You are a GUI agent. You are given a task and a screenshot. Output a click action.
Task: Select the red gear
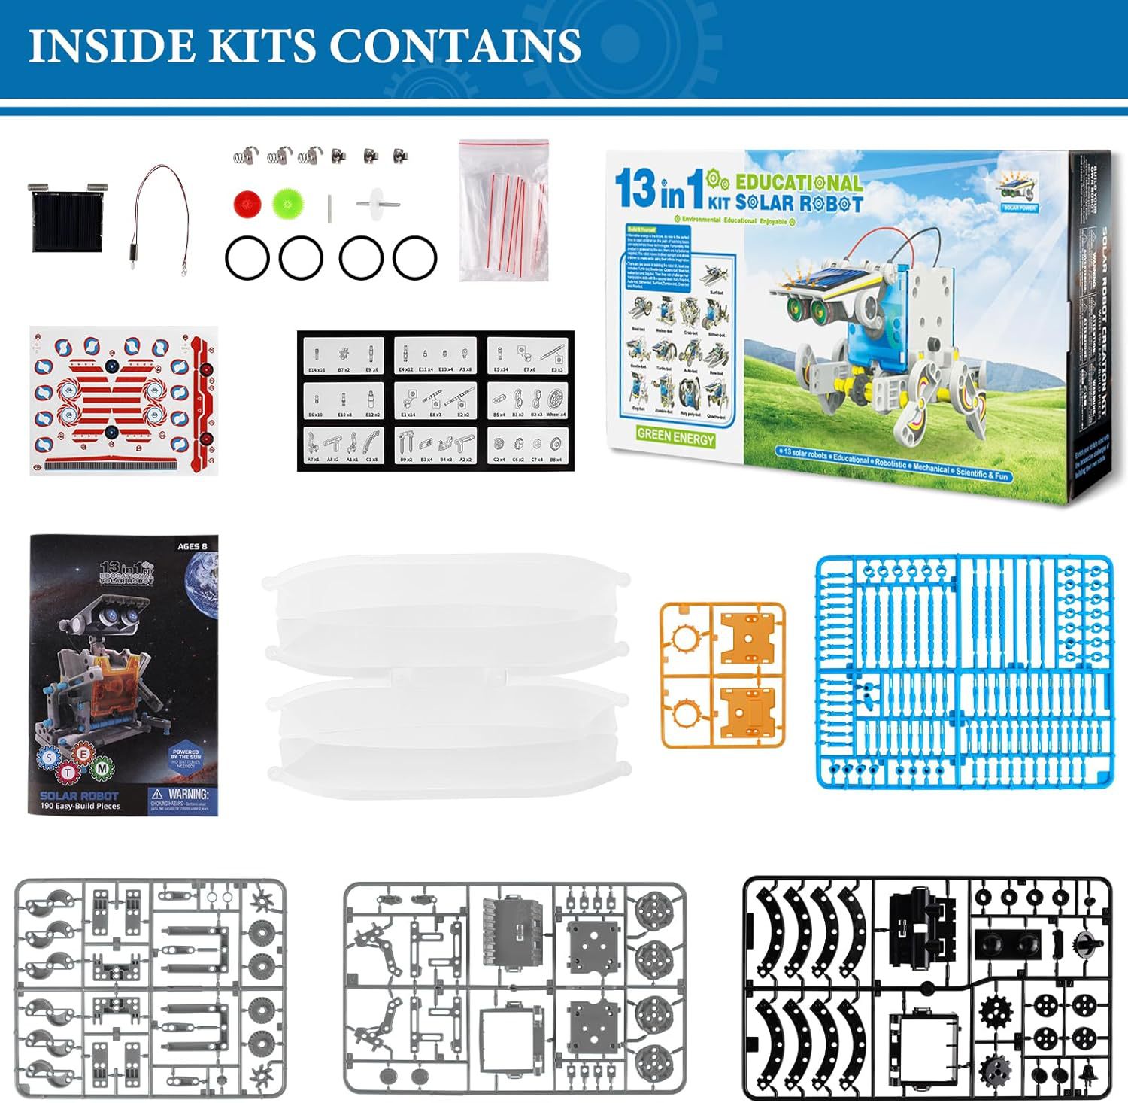247,202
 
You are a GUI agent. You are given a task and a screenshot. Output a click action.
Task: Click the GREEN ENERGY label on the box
675,436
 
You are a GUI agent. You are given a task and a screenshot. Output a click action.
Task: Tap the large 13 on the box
635,188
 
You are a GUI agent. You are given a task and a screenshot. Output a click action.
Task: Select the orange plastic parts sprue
723,675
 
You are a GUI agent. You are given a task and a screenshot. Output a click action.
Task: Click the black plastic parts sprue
926,988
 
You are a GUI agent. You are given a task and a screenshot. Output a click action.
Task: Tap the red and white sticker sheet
124,400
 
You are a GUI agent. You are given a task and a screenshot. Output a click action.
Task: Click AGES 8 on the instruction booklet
193,546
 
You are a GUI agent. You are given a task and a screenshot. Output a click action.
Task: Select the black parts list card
435,400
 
